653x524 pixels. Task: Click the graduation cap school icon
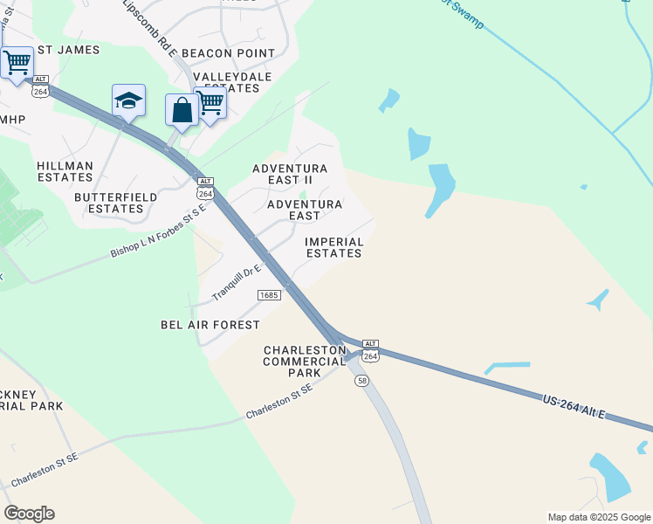tap(128, 101)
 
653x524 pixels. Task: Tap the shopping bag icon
tap(182, 111)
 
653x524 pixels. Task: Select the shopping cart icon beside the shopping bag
tap(210, 103)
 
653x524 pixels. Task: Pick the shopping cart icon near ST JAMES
tap(17, 64)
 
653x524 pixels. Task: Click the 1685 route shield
tap(269, 296)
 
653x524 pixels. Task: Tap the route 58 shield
tap(362, 381)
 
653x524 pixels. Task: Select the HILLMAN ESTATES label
tap(65, 171)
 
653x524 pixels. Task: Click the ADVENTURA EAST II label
tap(289, 174)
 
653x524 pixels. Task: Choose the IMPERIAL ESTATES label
tap(333, 247)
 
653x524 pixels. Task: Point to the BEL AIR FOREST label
tap(210, 325)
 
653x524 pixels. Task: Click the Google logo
tap(29, 514)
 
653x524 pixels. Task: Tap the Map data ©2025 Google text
tap(600, 517)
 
